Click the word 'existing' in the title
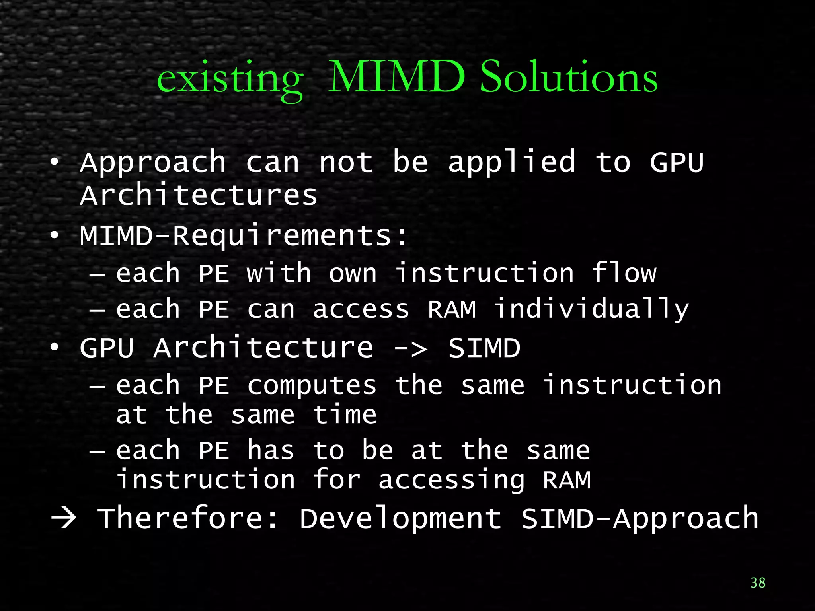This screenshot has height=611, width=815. (x=230, y=80)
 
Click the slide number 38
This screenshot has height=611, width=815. (x=758, y=583)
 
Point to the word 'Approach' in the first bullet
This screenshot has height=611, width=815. (x=153, y=163)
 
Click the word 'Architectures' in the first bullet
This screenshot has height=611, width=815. (x=199, y=195)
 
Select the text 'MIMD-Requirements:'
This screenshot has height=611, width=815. (x=244, y=236)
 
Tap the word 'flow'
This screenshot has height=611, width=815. (x=624, y=273)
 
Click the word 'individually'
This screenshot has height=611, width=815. (x=591, y=309)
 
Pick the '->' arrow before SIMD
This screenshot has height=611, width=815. (x=410, y=348)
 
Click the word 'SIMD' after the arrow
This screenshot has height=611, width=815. (x=484, y=348)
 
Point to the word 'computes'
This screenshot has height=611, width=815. (x=312, y=386)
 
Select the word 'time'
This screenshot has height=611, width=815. (x=345, y=415)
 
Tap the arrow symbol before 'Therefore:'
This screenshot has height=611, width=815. (x=64, y=518)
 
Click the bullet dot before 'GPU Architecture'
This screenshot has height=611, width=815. (x=55, y=347)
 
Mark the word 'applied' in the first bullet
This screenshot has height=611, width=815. (x=512, y=163)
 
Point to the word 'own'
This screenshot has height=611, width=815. (x=353, y=274)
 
